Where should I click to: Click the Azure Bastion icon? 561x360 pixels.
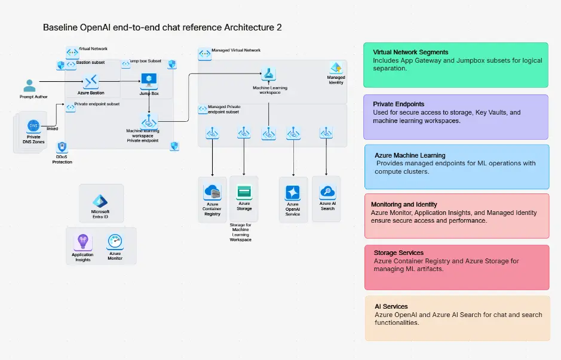click(x=91, y=81)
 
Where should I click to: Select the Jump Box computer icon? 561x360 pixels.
click(x=148, y=81)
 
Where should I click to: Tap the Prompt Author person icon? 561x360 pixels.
click(x=27, y=85)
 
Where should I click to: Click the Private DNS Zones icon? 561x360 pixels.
click(x=33, y=126)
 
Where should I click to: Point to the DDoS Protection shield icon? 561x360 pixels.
click(x=62, y=147)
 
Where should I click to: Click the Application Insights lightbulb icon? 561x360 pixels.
click(x=82, y=242)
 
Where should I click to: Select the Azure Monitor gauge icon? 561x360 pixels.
click(x=115, y=242)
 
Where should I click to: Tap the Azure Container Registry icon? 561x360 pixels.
click(x=212, y=192)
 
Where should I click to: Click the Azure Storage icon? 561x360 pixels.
click(x=244, y=192)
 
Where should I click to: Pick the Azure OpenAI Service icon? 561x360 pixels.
click(x=293, y=192)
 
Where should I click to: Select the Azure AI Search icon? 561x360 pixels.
click(x=327, y=192)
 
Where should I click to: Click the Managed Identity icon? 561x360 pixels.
click(x=336, y=68)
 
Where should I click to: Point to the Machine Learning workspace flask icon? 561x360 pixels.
click(x=269, y=75)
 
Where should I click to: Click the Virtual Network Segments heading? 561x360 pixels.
click(x=410, y=53)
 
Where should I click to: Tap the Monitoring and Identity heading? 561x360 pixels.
click(x=404, y=205)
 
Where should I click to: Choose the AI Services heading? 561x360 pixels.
click(x=391, y=306)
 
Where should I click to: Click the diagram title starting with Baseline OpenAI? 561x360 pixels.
click(x=162, y=27)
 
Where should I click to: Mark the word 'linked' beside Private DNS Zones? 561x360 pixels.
click(x=53, y=128)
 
